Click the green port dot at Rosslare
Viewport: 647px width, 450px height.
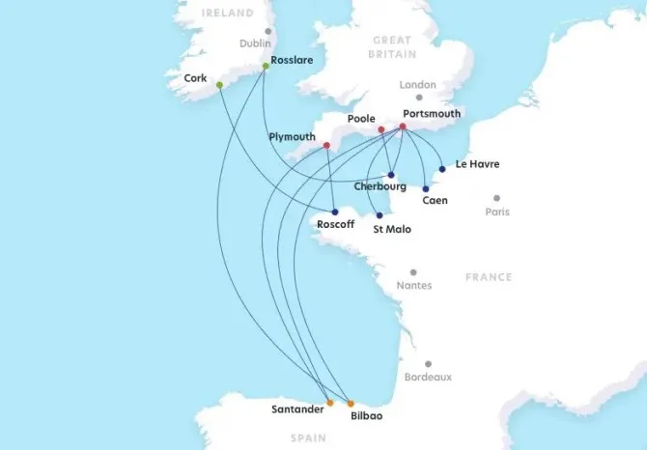[266, 67]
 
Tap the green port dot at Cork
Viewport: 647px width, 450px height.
[220, 85]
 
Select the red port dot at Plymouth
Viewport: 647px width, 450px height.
[327, 146]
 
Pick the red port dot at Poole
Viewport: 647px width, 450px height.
[380, 129]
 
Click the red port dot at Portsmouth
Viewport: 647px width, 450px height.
[403, 127]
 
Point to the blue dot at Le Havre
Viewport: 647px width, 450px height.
[442, 169]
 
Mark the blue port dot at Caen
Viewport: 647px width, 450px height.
[426, 188]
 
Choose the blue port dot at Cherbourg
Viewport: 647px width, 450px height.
[391, 175]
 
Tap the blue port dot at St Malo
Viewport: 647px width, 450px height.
[380, 215]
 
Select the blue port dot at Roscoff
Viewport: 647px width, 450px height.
[334, 212]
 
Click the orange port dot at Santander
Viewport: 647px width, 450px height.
[330, 403]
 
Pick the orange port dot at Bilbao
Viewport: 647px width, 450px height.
[351, 403]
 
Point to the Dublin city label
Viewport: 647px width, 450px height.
[255, 43]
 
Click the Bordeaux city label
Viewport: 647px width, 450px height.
[428, 377]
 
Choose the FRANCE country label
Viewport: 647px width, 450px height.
[489, 277]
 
